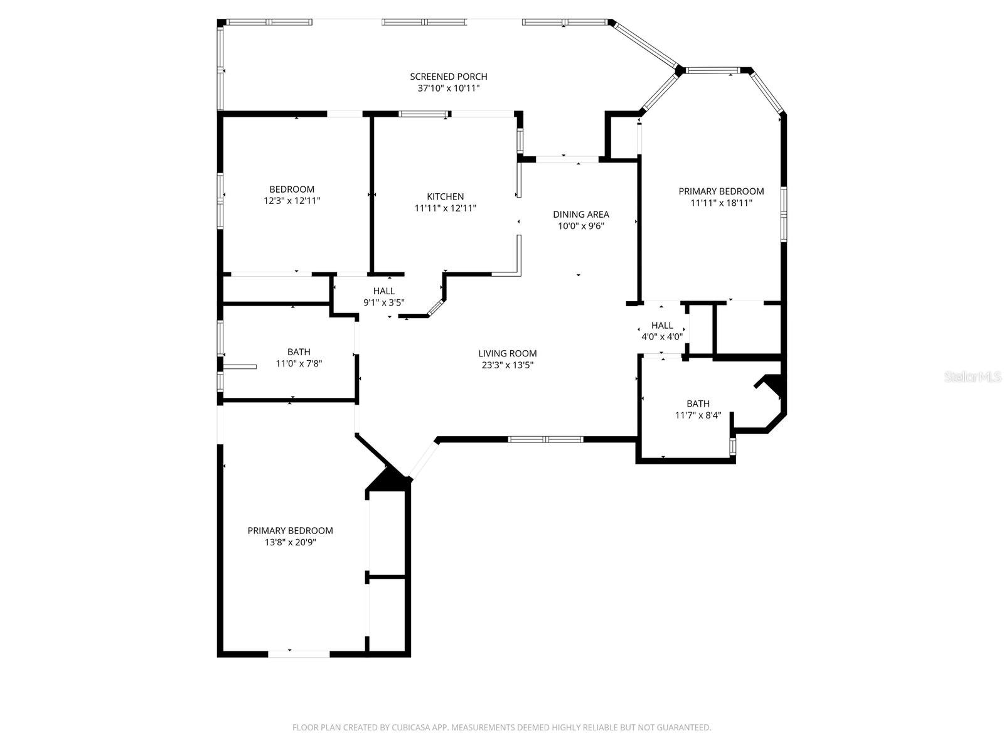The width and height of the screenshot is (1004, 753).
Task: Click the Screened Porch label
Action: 448,77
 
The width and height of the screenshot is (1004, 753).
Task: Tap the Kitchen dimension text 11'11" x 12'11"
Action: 445,208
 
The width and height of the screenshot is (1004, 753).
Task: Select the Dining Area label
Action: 580,215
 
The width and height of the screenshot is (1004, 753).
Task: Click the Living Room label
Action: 507,354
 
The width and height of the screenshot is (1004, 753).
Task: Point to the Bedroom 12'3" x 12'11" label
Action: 292,190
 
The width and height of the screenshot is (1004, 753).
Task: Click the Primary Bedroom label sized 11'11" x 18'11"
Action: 721,191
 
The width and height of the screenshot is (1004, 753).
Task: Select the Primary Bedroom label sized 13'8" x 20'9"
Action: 290,531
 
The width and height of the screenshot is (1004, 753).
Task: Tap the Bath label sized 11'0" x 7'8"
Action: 299,352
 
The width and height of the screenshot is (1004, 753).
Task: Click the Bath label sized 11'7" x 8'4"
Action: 698,404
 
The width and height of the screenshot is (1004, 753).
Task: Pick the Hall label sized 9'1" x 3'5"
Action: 383,291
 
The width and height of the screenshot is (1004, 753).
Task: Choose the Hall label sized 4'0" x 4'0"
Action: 661,326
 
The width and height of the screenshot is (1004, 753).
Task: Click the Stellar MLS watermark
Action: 973,377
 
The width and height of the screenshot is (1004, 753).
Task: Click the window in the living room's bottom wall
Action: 545,439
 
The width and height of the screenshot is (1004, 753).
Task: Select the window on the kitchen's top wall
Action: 424,114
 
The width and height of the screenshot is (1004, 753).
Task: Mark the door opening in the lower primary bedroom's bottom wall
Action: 299,654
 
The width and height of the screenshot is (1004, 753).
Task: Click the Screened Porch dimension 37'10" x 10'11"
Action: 448,88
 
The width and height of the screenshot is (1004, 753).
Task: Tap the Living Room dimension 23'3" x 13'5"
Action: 507,365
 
